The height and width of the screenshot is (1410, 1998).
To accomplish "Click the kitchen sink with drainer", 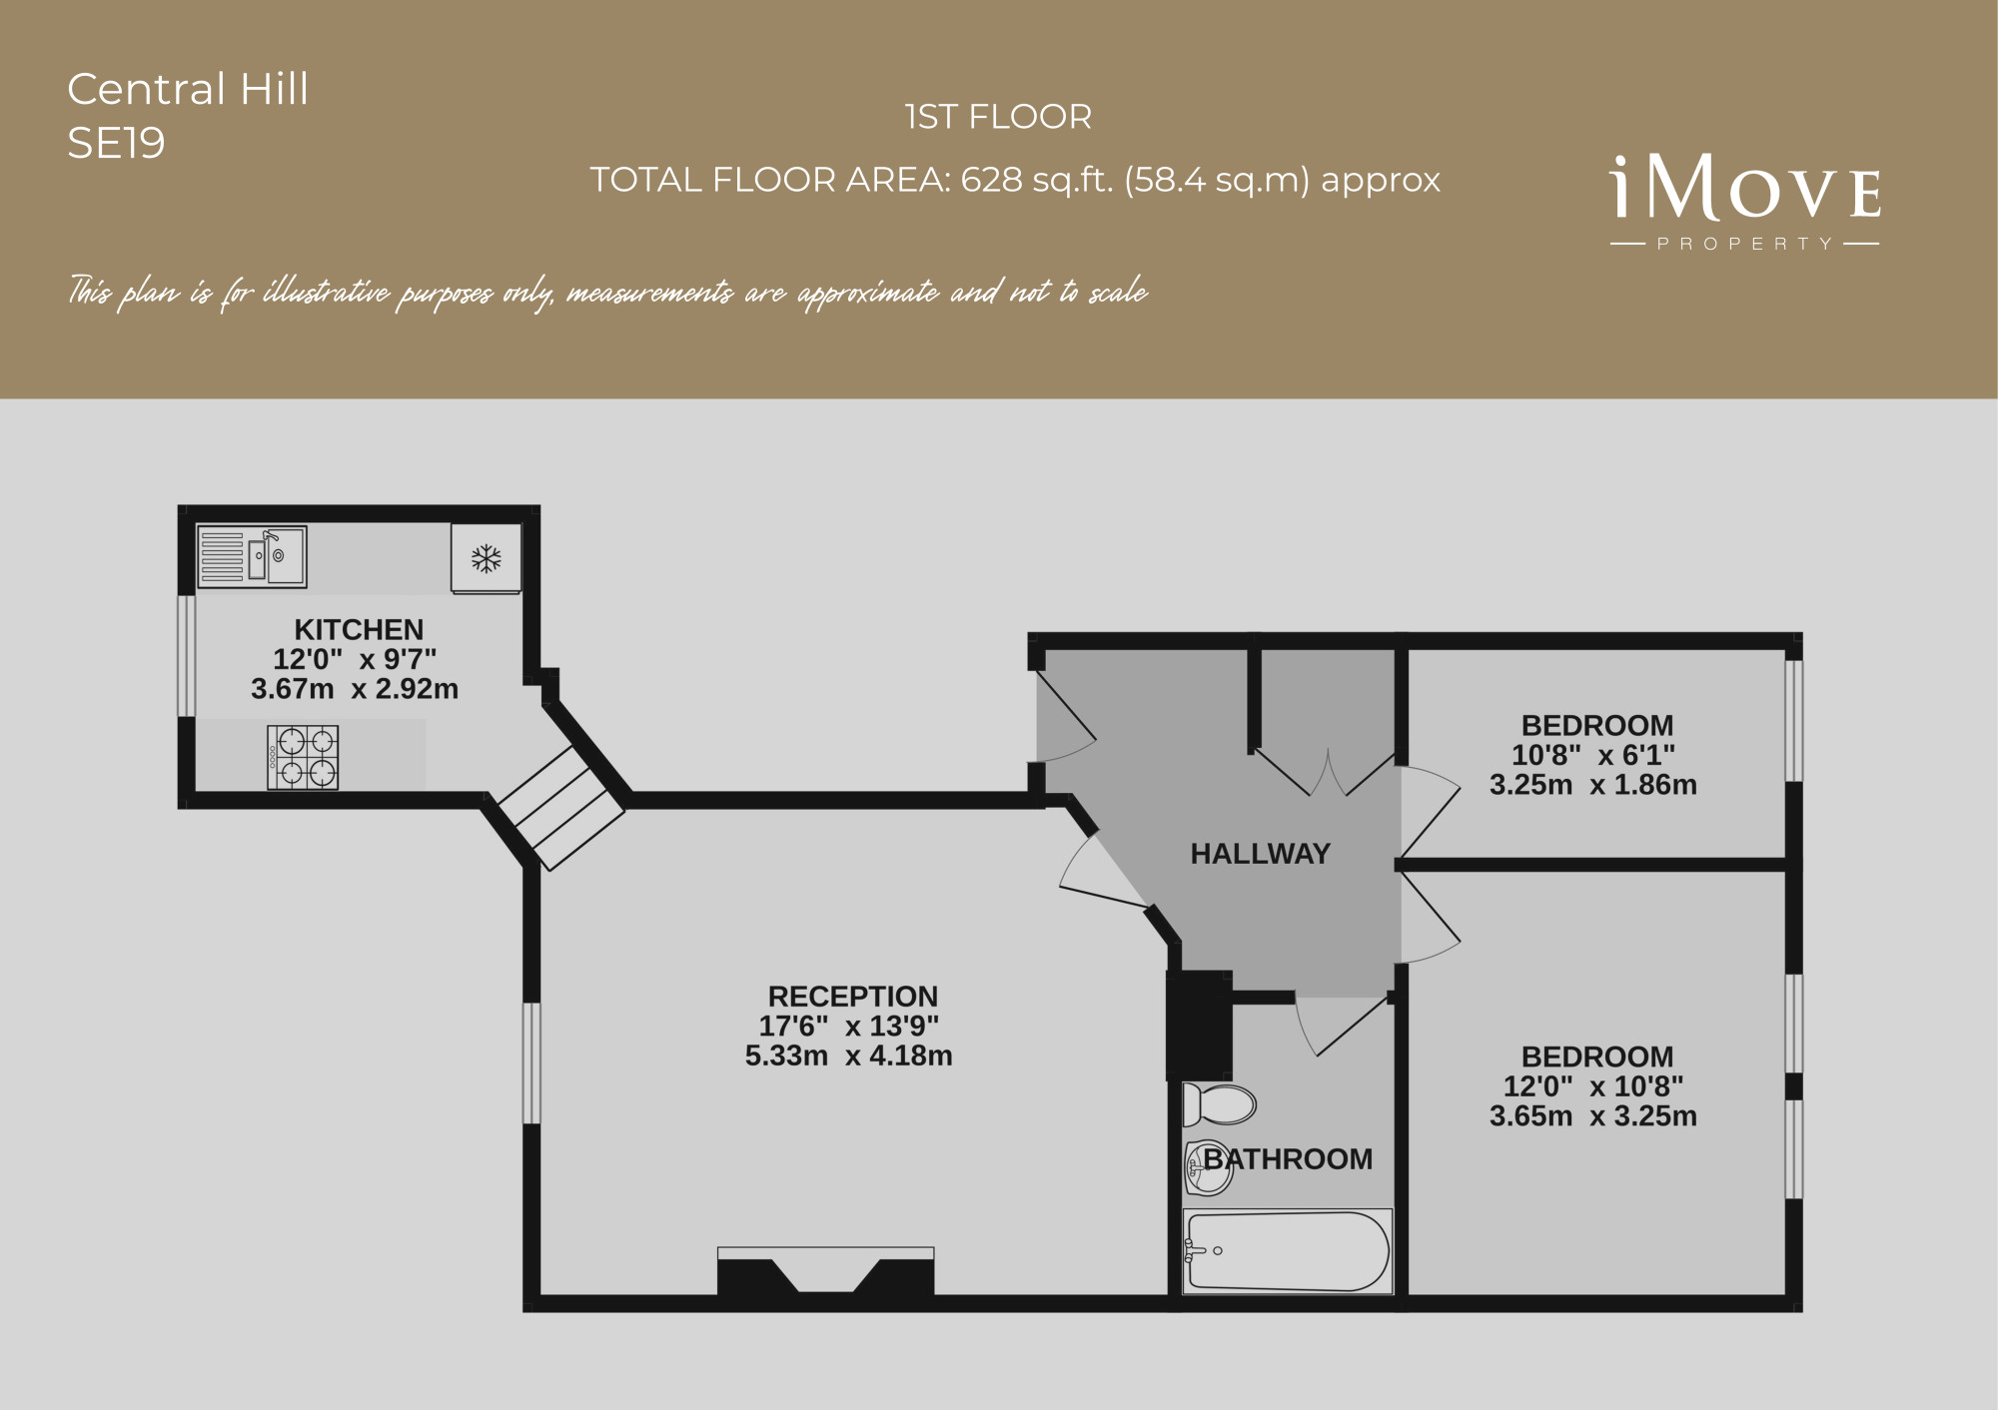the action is (x=252, y=556).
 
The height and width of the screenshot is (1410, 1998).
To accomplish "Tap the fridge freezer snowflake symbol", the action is (x=487, y=558).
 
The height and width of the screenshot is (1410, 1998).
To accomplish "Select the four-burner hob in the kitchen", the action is (x=303, y=757).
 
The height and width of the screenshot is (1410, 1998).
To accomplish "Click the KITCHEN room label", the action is (x=359, y=629).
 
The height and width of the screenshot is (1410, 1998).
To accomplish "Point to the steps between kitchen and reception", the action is (x=560, y=807).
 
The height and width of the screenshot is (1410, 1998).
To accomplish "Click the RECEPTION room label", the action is (x=853, y=997).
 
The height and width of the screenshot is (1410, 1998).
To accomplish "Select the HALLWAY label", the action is (x=1261, y=854).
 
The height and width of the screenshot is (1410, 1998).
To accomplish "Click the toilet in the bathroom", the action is (x=1218, y=1105).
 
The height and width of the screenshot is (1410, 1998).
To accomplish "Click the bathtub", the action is (x=1287, y=1251).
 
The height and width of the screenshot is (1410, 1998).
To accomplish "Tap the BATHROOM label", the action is (x=1288, y=1159).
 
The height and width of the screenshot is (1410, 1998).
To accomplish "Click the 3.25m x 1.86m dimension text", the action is (x=1593, y=785).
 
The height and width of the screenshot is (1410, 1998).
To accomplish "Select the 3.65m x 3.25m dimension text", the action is (x=1593, y=1115).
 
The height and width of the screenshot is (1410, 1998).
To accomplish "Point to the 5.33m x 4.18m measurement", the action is (x=849, y=1056).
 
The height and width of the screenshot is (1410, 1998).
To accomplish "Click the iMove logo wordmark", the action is (x=1745, y=188).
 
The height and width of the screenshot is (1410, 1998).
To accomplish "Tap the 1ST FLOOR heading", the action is (x=998, y=117).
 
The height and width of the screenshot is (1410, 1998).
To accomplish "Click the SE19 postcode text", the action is (x=116, y=143).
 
